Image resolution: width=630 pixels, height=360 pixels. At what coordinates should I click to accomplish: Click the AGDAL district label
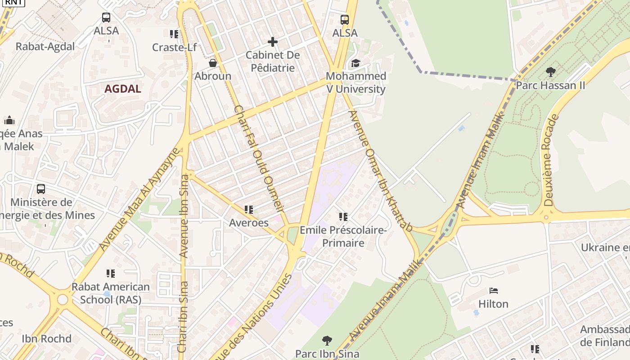click(123, 89)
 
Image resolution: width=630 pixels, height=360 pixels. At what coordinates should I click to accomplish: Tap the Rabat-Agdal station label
click(45, 46)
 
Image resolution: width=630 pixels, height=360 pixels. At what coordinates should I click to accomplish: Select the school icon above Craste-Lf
click(174, 34)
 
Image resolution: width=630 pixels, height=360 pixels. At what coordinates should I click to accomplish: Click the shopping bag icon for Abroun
click(213, 63)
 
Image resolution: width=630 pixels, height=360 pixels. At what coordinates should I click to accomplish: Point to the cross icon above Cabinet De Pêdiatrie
click(273, 42)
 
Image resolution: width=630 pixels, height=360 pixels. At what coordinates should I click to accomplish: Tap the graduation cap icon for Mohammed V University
click(356, 63)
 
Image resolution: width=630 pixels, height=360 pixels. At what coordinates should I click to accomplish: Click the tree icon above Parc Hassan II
click(550, 72)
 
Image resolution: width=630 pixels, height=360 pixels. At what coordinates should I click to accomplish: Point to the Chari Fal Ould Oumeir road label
click(260, 158)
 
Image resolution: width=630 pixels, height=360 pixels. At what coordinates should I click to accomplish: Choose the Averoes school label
click(249, 223)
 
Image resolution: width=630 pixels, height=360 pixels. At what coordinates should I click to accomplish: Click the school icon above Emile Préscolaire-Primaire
click(343, 217)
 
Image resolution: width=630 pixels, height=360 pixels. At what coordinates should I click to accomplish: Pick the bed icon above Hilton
click(494, 291)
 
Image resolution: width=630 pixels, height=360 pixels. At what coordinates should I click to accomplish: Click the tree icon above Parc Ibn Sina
click(327, 341)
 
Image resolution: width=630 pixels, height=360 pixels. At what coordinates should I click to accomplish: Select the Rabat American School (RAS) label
click(111, 293)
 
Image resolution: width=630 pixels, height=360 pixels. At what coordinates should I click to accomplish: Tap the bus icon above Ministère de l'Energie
click(41, 189)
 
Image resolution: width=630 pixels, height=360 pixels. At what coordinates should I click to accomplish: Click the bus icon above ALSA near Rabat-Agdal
click(106, 18)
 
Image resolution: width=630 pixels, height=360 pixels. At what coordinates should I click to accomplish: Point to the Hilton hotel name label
click(494, 304)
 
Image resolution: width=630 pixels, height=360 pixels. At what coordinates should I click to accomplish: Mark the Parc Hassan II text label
click(550, 85)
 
